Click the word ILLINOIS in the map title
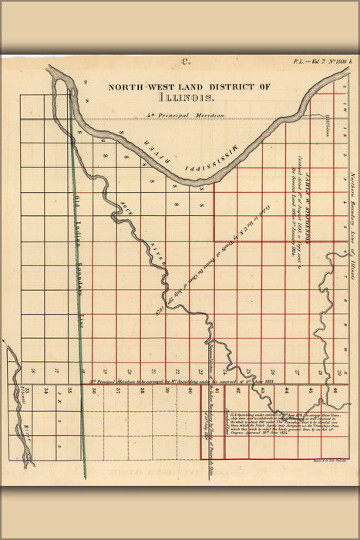(x=186, y=99)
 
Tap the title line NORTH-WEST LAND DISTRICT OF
(x=189, y=87)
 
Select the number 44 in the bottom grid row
(x=263, y=391)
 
